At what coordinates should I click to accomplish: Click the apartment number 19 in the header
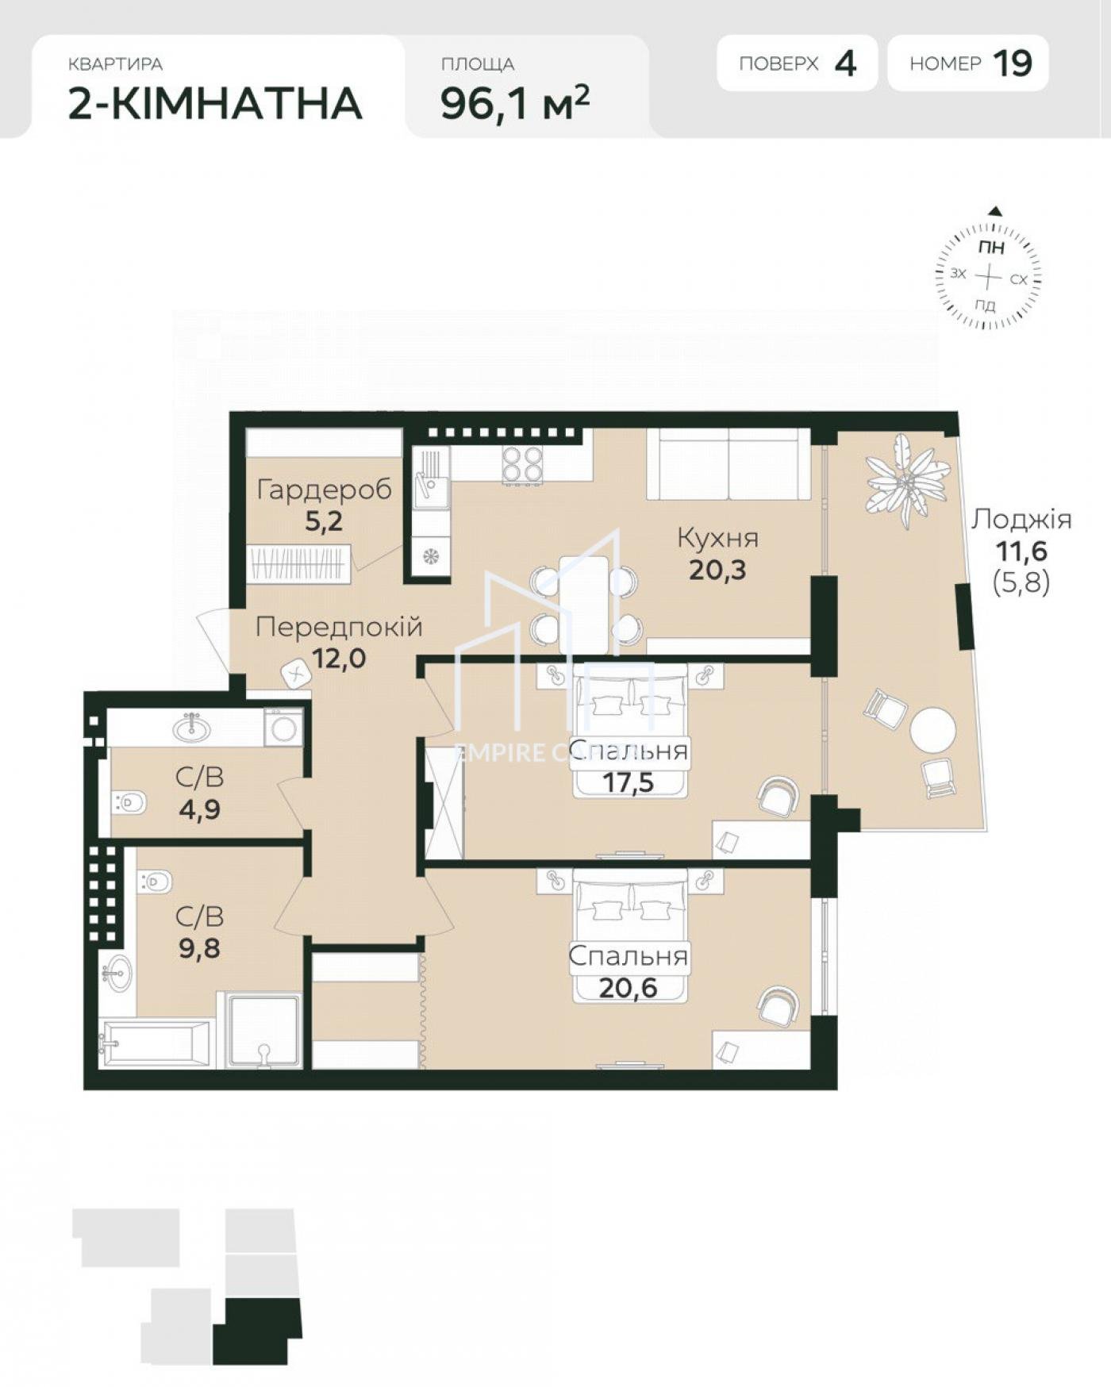pyautogui.click(x=1013, y=63)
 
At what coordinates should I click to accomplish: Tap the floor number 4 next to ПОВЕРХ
pyautogui.click(x=845, y=63)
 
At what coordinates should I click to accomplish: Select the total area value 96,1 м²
pyautogui.click(x=515, y=102)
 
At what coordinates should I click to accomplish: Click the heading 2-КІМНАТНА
pyautogui.click(x=215, y=103)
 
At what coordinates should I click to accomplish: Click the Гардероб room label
pyautogui.click(x=325, y=490)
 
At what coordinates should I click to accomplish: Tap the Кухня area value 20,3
pyautogui.click(x=717, y=570)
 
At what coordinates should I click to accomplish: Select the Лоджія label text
pyautogui.click(x=1021, y=520)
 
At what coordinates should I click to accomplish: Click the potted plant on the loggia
pyautogui.click(x=907, y=478)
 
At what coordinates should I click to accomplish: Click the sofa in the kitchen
pyautogui.click(x=728, y=464)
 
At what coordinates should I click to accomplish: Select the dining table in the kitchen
pyautogui.click(x=583, y=605)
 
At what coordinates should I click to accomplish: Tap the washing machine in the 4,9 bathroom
pyautogui.click(x=283, y=727)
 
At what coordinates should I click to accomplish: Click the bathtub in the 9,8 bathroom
pyautogui.click(x=156, y=1044)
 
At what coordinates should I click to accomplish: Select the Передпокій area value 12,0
pyautogui.click(x=339, y=658)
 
